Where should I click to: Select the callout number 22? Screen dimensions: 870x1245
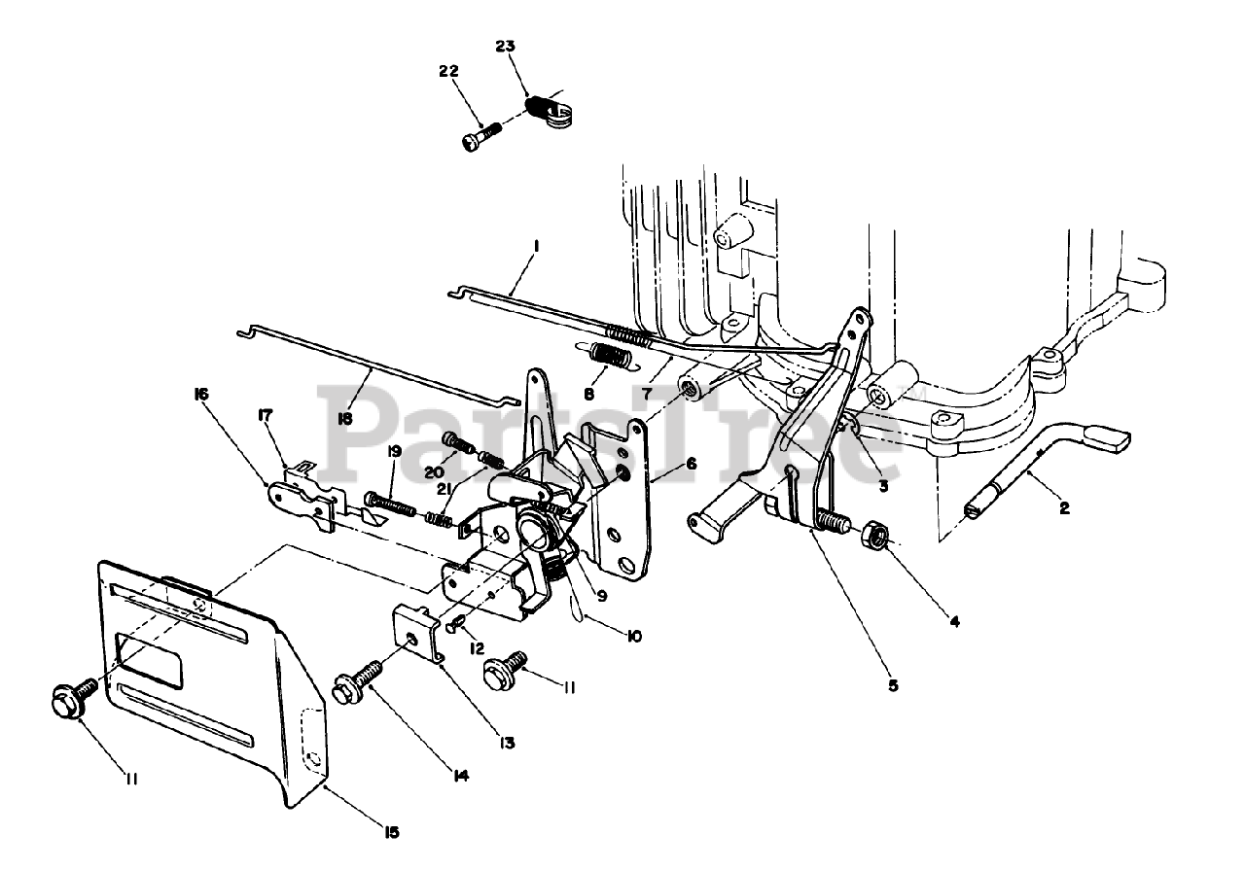point(448,72)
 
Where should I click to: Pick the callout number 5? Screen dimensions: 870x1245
point(893,684)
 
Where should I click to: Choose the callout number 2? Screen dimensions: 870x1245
point(1064,506)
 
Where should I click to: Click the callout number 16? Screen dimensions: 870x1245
point(202,394)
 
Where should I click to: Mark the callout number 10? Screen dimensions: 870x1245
point(633,637)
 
